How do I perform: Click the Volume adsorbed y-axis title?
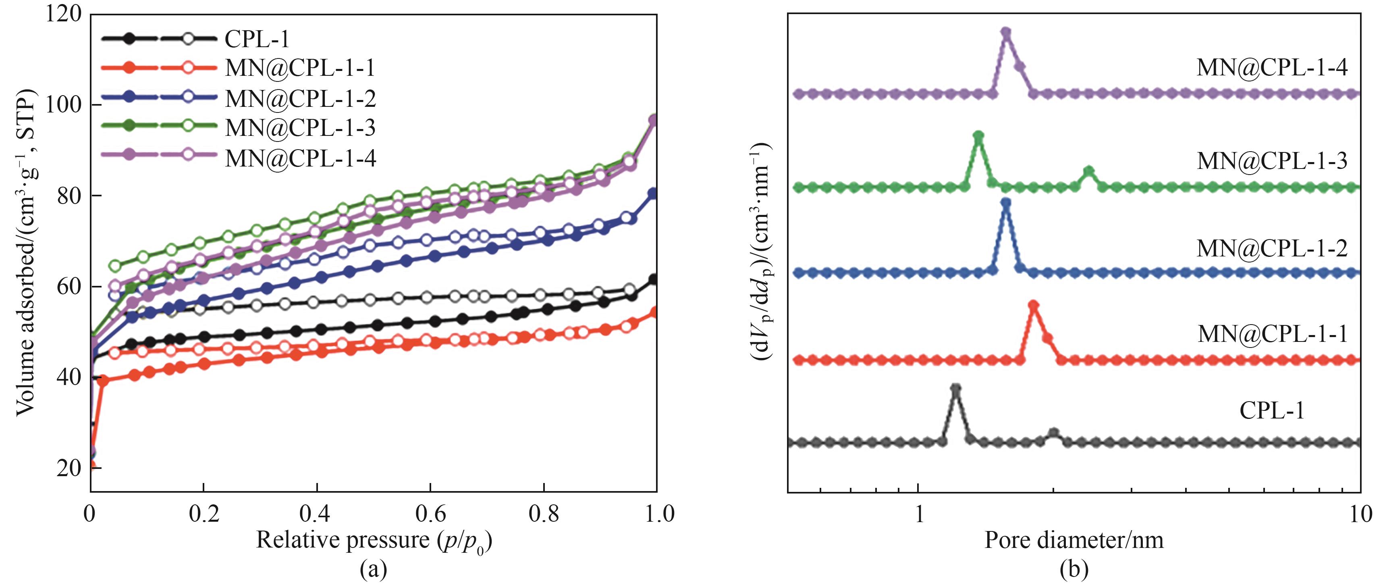(26, 253)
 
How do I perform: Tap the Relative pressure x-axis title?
(374, 540)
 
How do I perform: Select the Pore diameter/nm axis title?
(1074, 540)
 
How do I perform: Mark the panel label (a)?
(373, 569)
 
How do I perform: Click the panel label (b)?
(1074, 569)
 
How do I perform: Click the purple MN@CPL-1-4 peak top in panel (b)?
(1006, 32)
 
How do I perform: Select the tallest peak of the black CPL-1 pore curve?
(955, 388)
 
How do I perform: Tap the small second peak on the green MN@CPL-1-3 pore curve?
(1089, 171)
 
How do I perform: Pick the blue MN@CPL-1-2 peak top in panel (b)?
(1006, 203)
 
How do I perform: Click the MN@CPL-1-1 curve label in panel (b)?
(1272, 334)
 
